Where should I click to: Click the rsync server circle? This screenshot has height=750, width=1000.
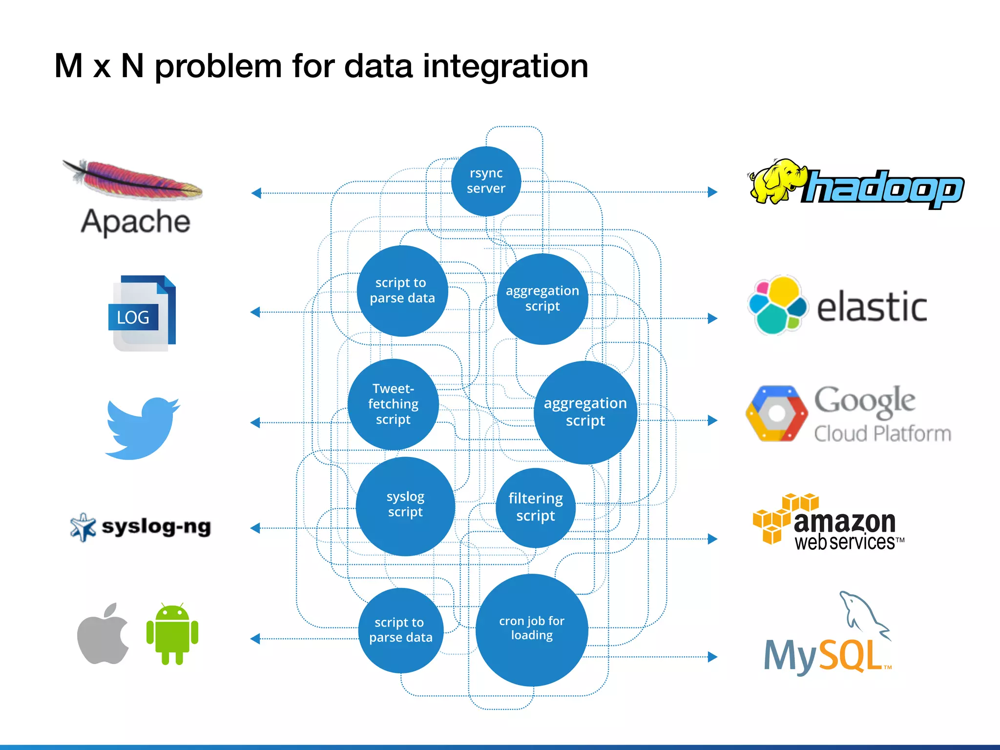tap(486, 181)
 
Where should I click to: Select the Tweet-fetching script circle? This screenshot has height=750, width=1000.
tap(393, 404)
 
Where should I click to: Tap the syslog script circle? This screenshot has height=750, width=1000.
tap(405, 506)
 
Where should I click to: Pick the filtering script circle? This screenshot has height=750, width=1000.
tap(536, 507)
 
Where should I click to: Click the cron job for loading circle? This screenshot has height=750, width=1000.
tap(532, 629)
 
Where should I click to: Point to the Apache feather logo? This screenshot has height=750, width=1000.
tap(133, 179)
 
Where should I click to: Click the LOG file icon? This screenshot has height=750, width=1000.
tap(142, 313)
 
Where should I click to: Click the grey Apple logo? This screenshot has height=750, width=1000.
tap(104, 634)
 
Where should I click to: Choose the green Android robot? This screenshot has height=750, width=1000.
tap(172, 634)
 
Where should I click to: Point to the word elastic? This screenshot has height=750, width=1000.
tap(872, 307)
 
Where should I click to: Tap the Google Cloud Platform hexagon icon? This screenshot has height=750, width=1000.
tap(776, 414)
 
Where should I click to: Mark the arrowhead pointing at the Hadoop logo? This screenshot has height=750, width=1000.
tap(713, 192)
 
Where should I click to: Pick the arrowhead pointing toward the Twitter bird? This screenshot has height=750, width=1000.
tap(255, 422)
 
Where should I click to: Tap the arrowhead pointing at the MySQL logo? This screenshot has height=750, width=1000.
tap(713, 657)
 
